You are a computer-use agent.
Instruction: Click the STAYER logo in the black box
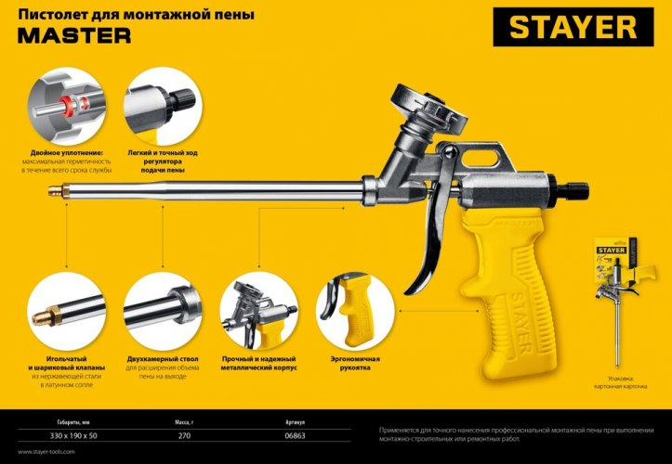click(x=573, y=28)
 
